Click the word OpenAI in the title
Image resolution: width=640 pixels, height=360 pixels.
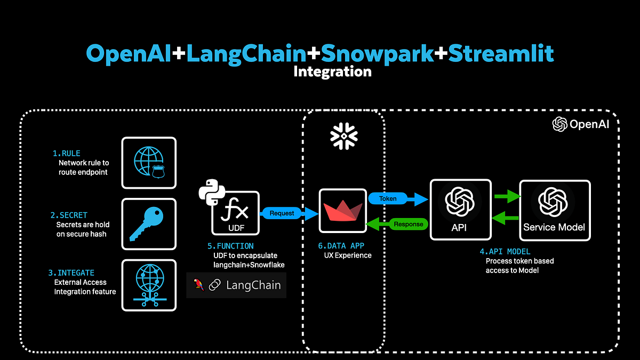[x=129, y=53]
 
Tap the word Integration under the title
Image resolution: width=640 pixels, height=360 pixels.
[x=332, y=71]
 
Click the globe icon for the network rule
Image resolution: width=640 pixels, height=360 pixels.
[x=149, y=163]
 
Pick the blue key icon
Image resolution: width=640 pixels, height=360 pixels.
[x=149, y=224]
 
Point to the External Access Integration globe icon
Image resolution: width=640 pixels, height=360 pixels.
[x=149, y=285]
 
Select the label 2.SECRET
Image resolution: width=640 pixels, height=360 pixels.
[x=69, y=215]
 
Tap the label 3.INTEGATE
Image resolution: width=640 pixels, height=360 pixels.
[x=72, y=273]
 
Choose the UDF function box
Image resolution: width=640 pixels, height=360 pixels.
[x=235, y=213]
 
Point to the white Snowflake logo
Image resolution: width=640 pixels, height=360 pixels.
[x=343, y=135]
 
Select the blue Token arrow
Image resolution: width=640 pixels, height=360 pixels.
[x=398, y=199]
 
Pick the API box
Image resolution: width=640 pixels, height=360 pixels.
[x=460, y=210]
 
